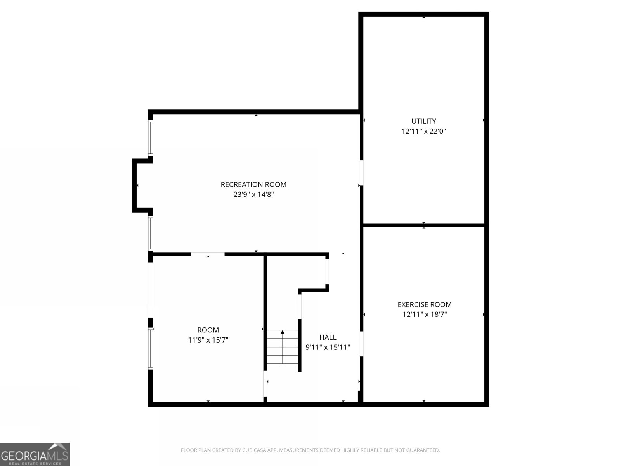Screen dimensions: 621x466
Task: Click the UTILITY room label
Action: (x=423, y=121)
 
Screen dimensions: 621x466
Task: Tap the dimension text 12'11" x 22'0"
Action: (x=423, y=131)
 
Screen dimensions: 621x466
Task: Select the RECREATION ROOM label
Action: (x=253, y=184)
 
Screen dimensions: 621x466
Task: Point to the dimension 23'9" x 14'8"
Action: (x=253, y=195)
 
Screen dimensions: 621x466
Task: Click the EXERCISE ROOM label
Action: (x=425, y=304)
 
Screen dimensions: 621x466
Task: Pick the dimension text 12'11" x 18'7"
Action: (x=425, y=314)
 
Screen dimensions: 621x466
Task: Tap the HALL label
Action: (x=328, y=337)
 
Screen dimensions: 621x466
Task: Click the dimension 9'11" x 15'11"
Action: (x=328, y=347)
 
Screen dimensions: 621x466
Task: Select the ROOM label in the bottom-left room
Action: (x=208, y=330)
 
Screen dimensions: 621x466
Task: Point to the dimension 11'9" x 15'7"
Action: (x=208, y=340)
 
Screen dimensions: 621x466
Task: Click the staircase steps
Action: (x=282, y=347)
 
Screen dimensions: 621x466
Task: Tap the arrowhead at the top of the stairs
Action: (x=282, y=332)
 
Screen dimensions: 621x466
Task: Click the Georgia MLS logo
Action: (x=35, y=454)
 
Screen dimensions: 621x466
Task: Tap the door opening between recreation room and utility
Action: (x=361, y=173)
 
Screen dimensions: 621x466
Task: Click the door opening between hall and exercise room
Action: (x=361, y=344)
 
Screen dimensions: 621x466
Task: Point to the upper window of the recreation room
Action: (x=151, y=138)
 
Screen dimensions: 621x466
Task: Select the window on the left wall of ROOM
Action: (x=151, y=348)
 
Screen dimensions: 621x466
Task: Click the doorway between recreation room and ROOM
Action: (x=208, y=254)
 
